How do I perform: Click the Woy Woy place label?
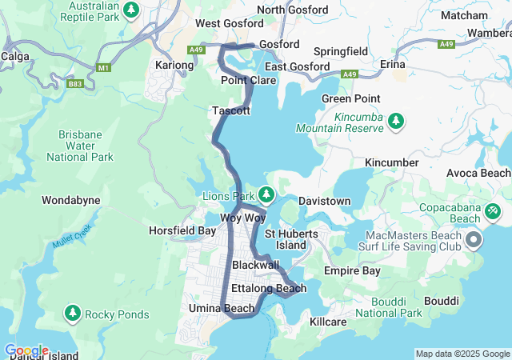[x=242, y=218]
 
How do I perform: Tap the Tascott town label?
[x=231, y=110]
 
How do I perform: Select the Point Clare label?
[x=249, y=81]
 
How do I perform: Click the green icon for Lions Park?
[x=266, y=194]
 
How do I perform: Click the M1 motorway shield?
[x=102, y=67]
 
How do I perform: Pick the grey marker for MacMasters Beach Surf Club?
[x=474, y=239]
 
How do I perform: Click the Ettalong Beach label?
[x=267, y=288]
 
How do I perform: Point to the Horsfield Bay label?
[x=182, y=230]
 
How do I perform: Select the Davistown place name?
[x=326, y=200]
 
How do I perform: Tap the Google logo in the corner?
[x=26, y=350]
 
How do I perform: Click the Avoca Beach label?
[x=482, y=173]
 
